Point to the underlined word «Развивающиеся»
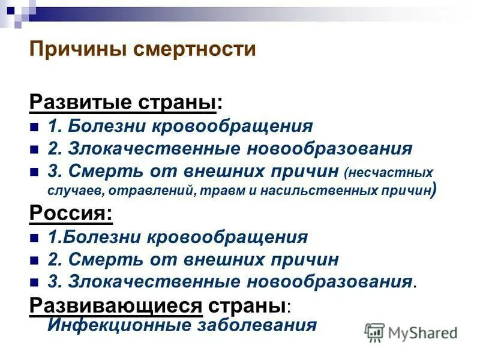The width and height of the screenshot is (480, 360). [x=115, y=305]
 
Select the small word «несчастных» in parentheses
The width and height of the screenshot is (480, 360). [x=391, y=173]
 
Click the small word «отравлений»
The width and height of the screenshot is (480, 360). [x=139, y=191]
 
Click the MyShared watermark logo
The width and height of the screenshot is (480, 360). [x=412, y=332]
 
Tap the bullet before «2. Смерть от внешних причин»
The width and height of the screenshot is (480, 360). [x=34, y=260]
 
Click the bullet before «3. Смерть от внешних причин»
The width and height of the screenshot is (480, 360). [x=34, y=172]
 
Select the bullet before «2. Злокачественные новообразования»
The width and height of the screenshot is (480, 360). [x=34, y=149]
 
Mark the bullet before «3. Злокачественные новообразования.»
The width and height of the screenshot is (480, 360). [x=34, y=283]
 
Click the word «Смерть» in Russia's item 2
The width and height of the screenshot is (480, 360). [x=101, y=260]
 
